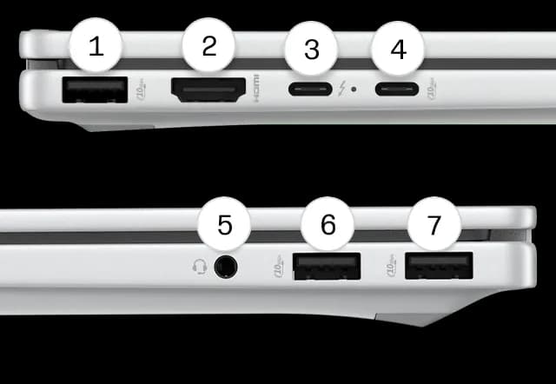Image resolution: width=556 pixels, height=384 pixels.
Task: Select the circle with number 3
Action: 311,50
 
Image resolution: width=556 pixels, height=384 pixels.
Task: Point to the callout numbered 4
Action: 398,50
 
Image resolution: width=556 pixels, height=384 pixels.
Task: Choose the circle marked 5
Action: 225,226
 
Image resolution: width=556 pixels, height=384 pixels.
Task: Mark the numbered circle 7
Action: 434,225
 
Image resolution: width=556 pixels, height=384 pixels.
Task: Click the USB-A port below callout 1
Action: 95,89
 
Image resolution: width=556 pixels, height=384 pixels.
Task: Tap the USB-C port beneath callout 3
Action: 310,89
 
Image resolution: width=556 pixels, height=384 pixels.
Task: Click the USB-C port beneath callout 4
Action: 397,89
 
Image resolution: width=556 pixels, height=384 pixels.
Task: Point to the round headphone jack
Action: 225,267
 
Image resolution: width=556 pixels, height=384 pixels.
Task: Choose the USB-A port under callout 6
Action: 328,266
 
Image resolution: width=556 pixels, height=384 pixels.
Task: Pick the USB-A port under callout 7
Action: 439,265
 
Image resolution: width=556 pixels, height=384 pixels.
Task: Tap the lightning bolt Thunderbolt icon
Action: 344,89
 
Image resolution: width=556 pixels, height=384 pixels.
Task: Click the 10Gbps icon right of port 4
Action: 434,89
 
